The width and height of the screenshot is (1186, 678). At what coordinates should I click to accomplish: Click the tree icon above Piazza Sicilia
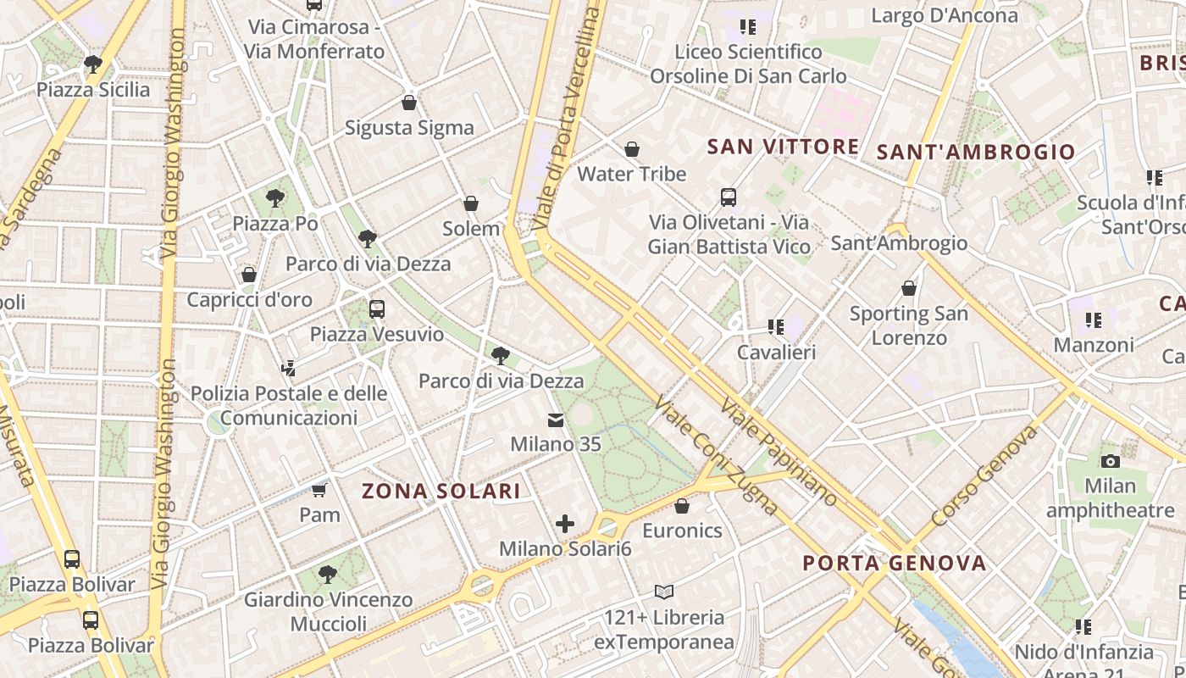[x=93, y=64]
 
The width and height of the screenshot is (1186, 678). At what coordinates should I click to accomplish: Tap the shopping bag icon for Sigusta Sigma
[x=409, y=103]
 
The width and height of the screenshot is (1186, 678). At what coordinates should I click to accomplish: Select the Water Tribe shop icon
[x=631, y=149]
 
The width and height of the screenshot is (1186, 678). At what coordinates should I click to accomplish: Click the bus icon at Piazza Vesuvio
[x=377, y=309]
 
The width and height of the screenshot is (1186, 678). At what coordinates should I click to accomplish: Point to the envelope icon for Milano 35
[x=556, y=420]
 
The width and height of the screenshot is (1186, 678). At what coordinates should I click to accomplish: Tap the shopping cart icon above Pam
[x=319, y=490]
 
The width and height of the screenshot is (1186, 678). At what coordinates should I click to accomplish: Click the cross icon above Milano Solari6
[x=565, y=524]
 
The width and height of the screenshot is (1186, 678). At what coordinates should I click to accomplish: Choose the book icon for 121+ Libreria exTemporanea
[x=664, y=592]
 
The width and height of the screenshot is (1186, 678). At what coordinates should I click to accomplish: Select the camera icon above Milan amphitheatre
[x=1110, y=461]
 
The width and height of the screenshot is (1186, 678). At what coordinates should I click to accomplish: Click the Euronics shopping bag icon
[x=682, y=506]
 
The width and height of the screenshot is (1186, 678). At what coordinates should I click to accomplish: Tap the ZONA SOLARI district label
[x=441, y=491]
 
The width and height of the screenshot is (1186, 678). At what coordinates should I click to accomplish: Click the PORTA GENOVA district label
[x=895, y=563]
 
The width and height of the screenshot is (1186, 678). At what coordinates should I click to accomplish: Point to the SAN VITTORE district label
[x=783, y=147]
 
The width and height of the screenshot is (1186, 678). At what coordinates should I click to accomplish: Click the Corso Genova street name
[x=984, y=475]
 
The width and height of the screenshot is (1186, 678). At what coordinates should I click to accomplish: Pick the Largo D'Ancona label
[x=945, y=15]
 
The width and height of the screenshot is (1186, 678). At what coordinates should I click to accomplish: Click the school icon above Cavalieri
[x=775, y=327]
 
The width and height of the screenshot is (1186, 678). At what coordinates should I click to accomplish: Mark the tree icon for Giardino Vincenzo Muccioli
[x=328, y=575]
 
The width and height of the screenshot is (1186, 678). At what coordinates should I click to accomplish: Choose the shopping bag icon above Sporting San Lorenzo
[x=909, y=288]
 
